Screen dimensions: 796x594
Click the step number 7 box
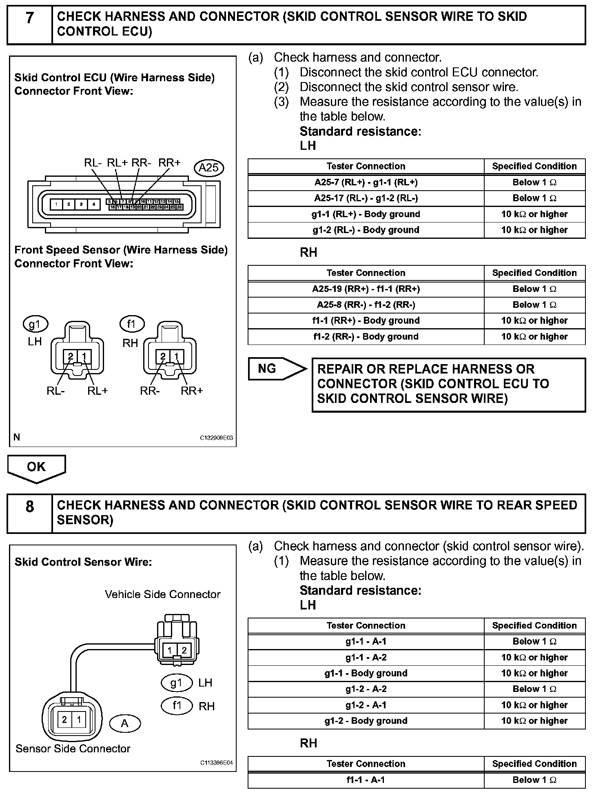coord(30,24)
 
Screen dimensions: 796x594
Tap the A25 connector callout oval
coord(209,168)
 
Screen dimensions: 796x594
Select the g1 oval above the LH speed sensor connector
coord(35,325)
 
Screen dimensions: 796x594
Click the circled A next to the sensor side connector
coord(125,723)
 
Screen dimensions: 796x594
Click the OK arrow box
coord(36,467)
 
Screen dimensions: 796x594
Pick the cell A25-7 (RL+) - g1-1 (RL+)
coord(366,182)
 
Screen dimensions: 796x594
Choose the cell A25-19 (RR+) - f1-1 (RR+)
coord(366,289)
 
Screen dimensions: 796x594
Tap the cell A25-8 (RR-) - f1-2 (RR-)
coord(366,305)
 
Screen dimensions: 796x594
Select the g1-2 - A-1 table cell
coord(366,705)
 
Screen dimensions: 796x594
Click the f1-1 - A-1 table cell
coord(366,780)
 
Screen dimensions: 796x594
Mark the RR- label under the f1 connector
coord(150,391)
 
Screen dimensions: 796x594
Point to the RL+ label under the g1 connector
coord(98,391)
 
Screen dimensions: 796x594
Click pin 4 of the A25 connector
coord(94,204)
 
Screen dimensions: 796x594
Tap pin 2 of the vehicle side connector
coord(184,650)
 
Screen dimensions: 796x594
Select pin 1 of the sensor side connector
coord(79,719)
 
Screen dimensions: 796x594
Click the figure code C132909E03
coord(216,438)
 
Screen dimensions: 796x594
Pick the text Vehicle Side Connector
coord(162,594)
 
